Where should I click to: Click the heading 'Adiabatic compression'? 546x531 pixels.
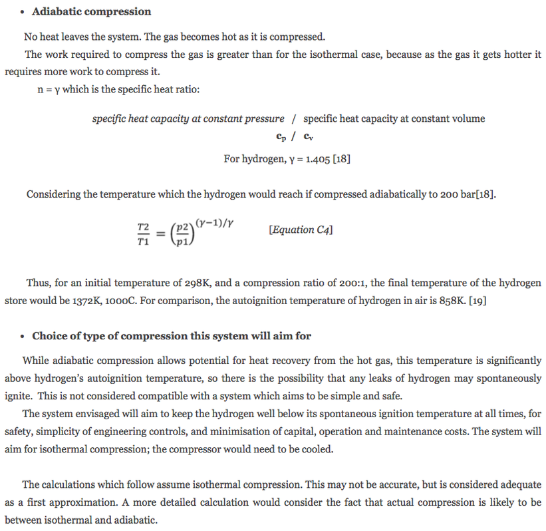[x=91, y=11]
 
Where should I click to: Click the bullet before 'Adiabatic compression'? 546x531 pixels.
[x=23, y=12]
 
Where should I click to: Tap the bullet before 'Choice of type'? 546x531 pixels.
[x=23, y=336]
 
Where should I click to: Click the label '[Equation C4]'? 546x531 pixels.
[x=301, y=230]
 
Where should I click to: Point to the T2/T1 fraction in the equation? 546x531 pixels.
[x=143, y=234]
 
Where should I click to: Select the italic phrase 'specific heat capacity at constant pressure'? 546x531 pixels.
[x=188, y=118]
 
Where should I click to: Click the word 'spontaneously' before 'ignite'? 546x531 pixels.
[x=508, y=378]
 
